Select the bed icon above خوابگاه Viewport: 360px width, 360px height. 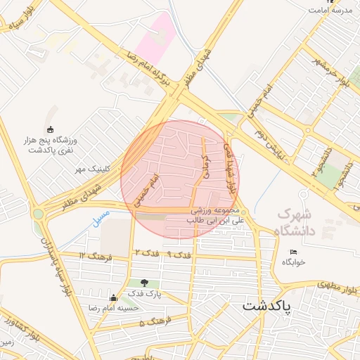coord(293,252)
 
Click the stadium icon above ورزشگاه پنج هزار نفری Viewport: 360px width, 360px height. coord(50,129)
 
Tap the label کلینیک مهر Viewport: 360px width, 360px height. coord(89,169)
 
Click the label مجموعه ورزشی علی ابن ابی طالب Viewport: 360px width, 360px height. coord(214,215)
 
